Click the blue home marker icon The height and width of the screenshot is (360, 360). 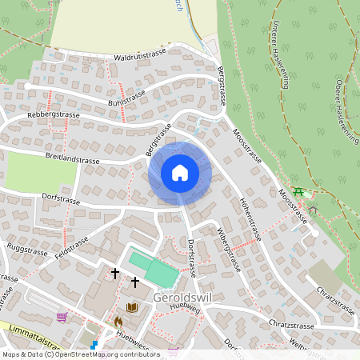(180, 172)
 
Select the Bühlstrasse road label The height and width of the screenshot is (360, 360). (127, 98)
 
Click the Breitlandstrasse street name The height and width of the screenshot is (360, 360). (72, 158)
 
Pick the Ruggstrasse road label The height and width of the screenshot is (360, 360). (27, 249)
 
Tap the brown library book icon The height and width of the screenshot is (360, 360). (132, 307)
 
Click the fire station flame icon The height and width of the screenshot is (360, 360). (117, 322)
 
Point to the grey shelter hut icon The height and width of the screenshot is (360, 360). (313, 210)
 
